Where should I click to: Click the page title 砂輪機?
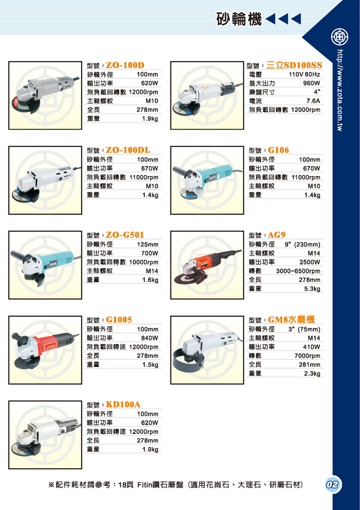(239, 19)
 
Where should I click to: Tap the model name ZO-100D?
(125, 65)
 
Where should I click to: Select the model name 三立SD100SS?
(294, 65)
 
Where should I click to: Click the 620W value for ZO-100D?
(149, 83)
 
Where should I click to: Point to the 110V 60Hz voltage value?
(304, 74)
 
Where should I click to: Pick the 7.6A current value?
(313, 101)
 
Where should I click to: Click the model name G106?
(278, 150)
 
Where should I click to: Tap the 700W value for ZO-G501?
(149, 253)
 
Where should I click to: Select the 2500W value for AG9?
(310, 262)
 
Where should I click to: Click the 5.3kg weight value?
(312, 289)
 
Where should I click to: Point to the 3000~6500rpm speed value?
(298, 271)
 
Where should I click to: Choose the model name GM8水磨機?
(291, 319)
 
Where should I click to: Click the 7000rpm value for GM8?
(307, 356)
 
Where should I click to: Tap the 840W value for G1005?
(149, 338)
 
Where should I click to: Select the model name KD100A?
(123, 404)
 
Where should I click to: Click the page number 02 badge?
(332, 484)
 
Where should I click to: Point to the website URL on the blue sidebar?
(340, 90)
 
